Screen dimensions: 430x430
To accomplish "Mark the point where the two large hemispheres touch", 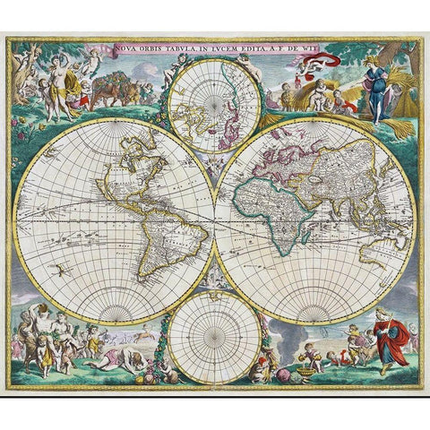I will (214, 219).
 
